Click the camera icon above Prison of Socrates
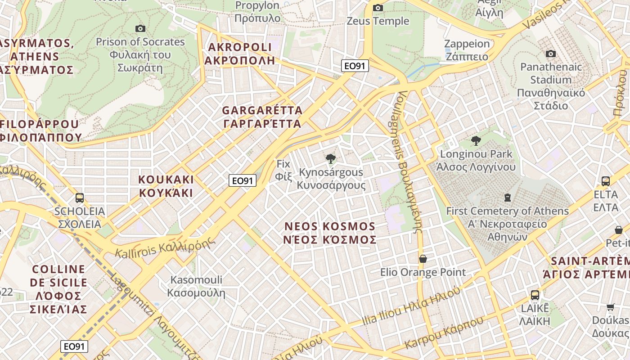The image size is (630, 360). [140, 29]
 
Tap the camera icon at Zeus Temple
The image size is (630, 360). [378, 8]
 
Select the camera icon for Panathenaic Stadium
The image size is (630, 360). [550, 54]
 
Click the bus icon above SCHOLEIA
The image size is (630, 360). [80, 198]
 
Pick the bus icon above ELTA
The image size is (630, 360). [606, 181]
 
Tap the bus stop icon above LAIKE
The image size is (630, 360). [535, 295]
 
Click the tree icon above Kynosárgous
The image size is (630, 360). [331, 158]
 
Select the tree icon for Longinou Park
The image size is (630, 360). [476, 141]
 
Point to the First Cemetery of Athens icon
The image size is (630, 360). [508, 197]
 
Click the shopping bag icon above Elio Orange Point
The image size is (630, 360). [423, 259]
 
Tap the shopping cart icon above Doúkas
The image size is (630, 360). [610, 307]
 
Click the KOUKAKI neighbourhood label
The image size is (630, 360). [166, 186]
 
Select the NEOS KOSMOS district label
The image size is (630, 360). [330, 233]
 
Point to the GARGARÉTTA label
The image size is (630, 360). [262, 117]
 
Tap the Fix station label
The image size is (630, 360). [283, 170]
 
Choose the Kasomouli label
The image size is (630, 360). [196, 286]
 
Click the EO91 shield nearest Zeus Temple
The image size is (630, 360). [355, 66]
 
